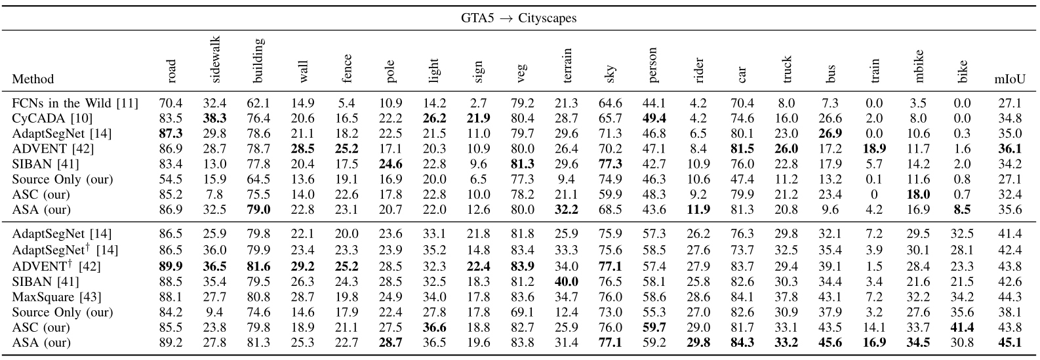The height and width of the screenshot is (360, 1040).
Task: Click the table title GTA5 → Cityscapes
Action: point(519,18)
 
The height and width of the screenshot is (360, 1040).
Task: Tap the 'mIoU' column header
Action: point(1010,79)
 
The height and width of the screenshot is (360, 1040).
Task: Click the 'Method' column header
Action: point(33,79)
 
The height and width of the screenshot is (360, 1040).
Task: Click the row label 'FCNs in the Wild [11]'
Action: point(62,103)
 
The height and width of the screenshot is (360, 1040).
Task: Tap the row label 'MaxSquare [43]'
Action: point(52,296)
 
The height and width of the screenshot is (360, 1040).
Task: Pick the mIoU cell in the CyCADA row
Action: point(1010,118)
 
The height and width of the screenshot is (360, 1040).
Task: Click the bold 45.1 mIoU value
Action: point(1010,342)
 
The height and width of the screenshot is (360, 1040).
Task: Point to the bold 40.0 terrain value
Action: point(567,281)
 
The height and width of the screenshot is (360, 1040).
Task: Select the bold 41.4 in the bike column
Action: point(962,327)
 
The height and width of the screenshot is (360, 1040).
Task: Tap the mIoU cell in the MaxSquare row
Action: point(1010,296)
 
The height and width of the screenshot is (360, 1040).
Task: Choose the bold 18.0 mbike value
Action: point(918,194)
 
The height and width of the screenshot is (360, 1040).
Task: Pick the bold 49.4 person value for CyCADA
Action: point(653,118)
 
